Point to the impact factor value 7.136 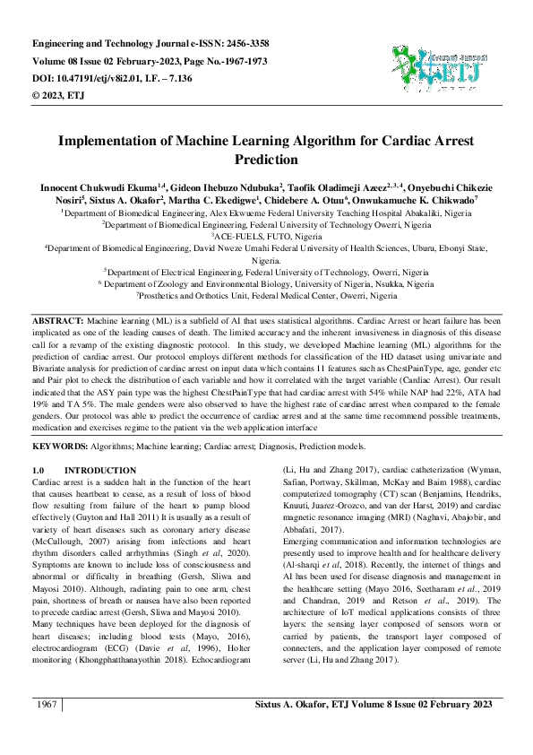pyautogui.click(x=212, y=80)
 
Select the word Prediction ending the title pyautogui.click(x=266, y=161)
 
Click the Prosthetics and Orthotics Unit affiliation pyautogui.click(x=266, y=294)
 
